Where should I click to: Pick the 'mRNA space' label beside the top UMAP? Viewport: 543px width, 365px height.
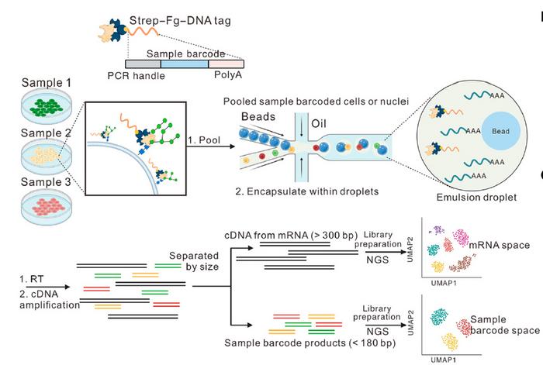504,246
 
